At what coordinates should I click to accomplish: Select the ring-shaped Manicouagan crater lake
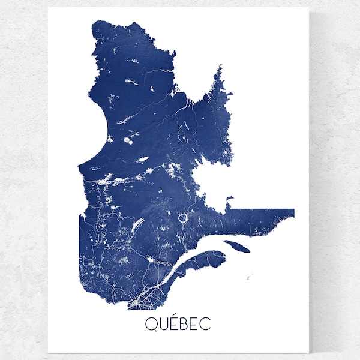(x=184, y=218)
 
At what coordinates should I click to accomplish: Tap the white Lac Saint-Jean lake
(x=149, y=261)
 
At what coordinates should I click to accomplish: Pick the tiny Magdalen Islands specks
(x=250, y=277)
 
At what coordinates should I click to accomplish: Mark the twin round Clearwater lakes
(x=128, y=142)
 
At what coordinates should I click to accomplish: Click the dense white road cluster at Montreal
(x=139, y=298)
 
